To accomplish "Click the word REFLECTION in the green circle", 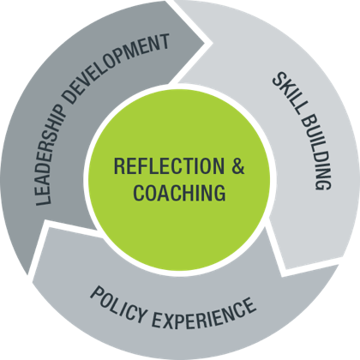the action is tap(169, 165).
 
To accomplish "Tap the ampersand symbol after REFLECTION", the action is tap(237, 165).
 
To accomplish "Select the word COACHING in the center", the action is tap(179, 193).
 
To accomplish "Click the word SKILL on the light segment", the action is tap(287, 91).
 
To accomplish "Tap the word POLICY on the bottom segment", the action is tap(118, 304).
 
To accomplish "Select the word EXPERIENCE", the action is tap(204, 314).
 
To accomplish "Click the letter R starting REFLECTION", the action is tap(119, 165).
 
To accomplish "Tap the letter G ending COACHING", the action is tap(219, 193).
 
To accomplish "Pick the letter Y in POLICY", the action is tap(141, 315).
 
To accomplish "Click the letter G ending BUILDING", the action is tap(323, 183).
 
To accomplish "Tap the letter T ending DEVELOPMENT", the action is tap(164, 42).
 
